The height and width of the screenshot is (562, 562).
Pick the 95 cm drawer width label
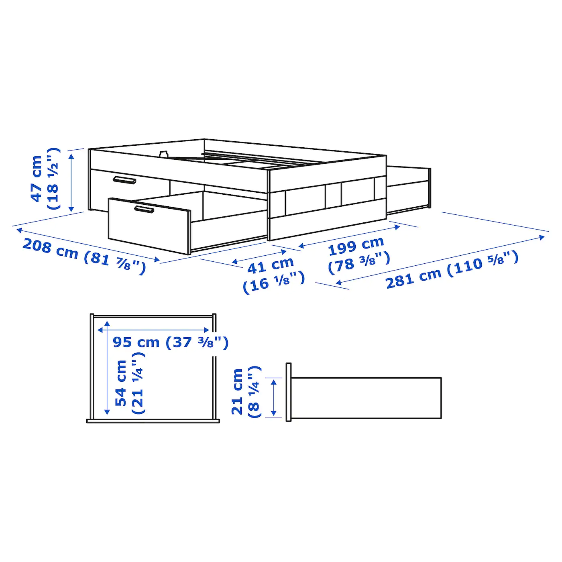(x=136, y=342)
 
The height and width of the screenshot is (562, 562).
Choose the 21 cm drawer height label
(x=237, y=391)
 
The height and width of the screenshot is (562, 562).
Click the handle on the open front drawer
(x=144, y=209)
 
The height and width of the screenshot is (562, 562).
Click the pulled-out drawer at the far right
(x=409, y=189)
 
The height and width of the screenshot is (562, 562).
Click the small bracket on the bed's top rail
(x=163, y=154)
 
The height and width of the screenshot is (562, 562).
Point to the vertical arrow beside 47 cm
(x=71, y=183)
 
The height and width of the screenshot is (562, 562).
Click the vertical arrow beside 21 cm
(x=274, y=397)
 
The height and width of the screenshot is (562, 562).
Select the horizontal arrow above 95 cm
(x=153, y=330)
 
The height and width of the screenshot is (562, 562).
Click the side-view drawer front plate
(x=288, y=392)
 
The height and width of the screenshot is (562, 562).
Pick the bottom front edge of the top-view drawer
(x=153, y=421)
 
